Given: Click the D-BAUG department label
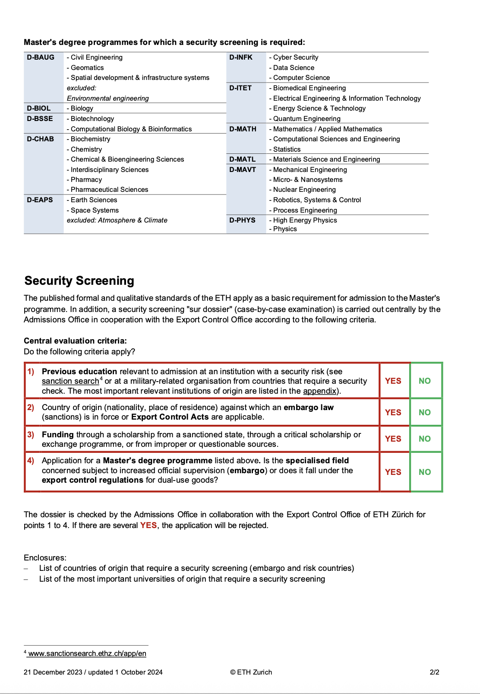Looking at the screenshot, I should (x=41, y=57).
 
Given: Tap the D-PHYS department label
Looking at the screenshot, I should (x=242, y=220).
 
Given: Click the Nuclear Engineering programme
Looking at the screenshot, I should (x=304, y=190).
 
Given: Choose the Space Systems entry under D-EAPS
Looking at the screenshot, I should (x=95, y=210).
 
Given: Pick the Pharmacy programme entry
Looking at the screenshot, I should (x=86, y=180).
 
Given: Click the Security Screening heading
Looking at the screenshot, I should (x=79, y=281).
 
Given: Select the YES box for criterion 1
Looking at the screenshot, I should (x=393, y=381).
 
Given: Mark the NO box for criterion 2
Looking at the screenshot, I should (x=425, y=412).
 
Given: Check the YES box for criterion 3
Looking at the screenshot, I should (x=393, y=439).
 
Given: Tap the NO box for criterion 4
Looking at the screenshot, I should (x=425, y=472).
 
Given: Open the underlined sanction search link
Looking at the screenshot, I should (x=70, y=381).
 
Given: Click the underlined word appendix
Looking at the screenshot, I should (x=319, y=391).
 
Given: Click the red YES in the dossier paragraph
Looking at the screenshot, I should (x=148, y=525).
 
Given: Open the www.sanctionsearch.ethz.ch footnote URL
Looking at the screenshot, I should (x=87, y=653).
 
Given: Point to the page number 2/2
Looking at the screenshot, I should (x=434, y=672).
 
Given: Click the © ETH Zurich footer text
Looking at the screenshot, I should (x=251, y=672).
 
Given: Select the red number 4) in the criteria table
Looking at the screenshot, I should (x=31, y=461).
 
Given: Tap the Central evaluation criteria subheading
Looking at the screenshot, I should (x=75, y=341).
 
